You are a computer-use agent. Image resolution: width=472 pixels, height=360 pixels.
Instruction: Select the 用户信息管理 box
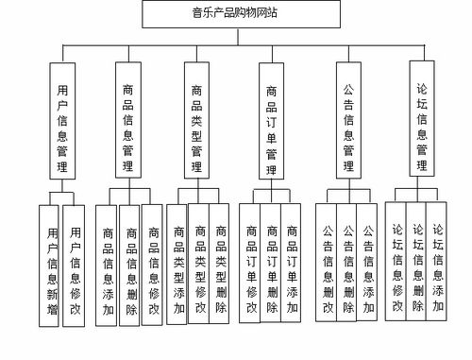[x=61, y=120]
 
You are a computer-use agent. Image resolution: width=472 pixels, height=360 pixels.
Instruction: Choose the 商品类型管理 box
[x=197, y=120]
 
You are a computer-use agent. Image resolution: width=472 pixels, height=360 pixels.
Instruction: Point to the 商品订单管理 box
[x=272, y=120]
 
